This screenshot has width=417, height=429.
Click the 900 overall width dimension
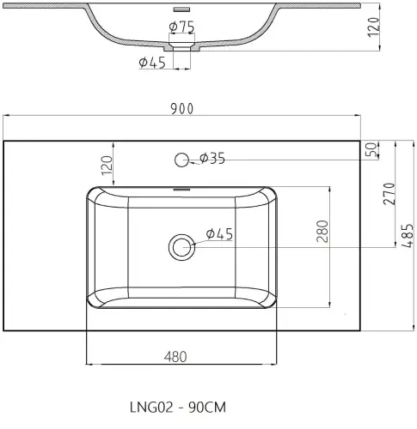(182, 107)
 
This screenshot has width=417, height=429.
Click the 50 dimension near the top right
(371, 149)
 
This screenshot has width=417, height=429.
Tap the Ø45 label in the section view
(151, 62)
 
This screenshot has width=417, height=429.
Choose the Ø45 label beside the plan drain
(220, 234)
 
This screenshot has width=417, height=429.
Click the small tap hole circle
(181, 159)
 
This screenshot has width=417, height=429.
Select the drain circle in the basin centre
(181, 247)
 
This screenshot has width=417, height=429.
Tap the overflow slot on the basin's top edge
(181, 189)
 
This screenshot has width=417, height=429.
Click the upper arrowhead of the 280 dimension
(330, 188)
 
